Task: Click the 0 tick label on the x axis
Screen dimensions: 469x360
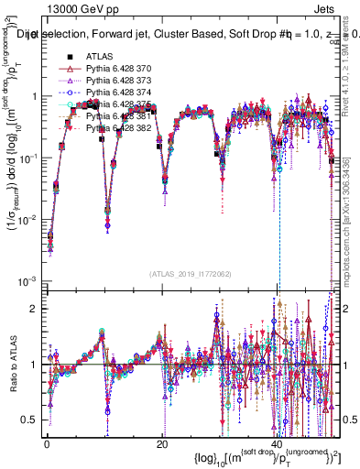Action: (48, 442)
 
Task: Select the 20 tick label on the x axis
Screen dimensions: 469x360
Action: (162, 442)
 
